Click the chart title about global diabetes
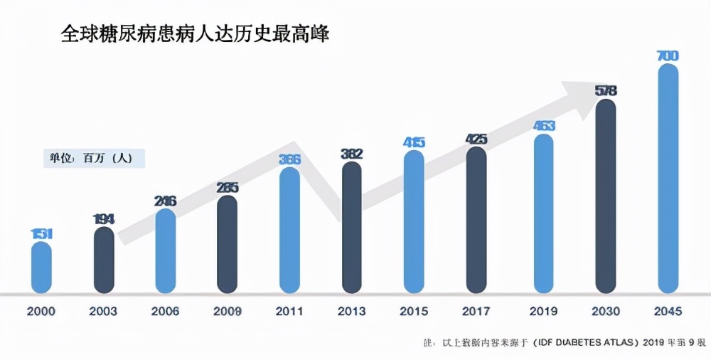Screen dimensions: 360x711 pyautogui.click(x=195, y=33)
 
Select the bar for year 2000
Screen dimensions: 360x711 pyautogui.click(x=42, y=267)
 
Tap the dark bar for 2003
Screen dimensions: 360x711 pyautogui.click(x=104, y=260)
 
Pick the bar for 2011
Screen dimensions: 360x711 pyautogui.click(x=290, y=229)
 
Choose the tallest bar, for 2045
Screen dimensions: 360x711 pyautogui.click(x=668, y=178)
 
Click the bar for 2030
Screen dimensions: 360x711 pyautogui.click(x=606, y=196)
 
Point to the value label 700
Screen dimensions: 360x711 pyautogui.click(x=668, y=55)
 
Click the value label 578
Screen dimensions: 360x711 pyautogui.click(x=606, y=90)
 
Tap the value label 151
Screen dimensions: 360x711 pyautogui.click(x=42, y=233)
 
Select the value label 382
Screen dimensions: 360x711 pyautogui.click(x=352, y=153)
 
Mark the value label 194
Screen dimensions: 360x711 pyautogui.click(x=104, y=218)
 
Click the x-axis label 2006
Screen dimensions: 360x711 pyautogui.click(x=166, y=312)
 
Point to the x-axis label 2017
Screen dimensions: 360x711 pyautogui.click(x=476, y=312)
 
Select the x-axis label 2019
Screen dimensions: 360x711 pyautogui.click(x=544, y=312)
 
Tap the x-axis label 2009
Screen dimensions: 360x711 pyautogui.click(x=228, y=312)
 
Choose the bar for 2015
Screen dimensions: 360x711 pyautogui.click(x=414, y=221)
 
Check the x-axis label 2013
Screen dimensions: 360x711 pyautogui.click(x=352, y=312)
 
